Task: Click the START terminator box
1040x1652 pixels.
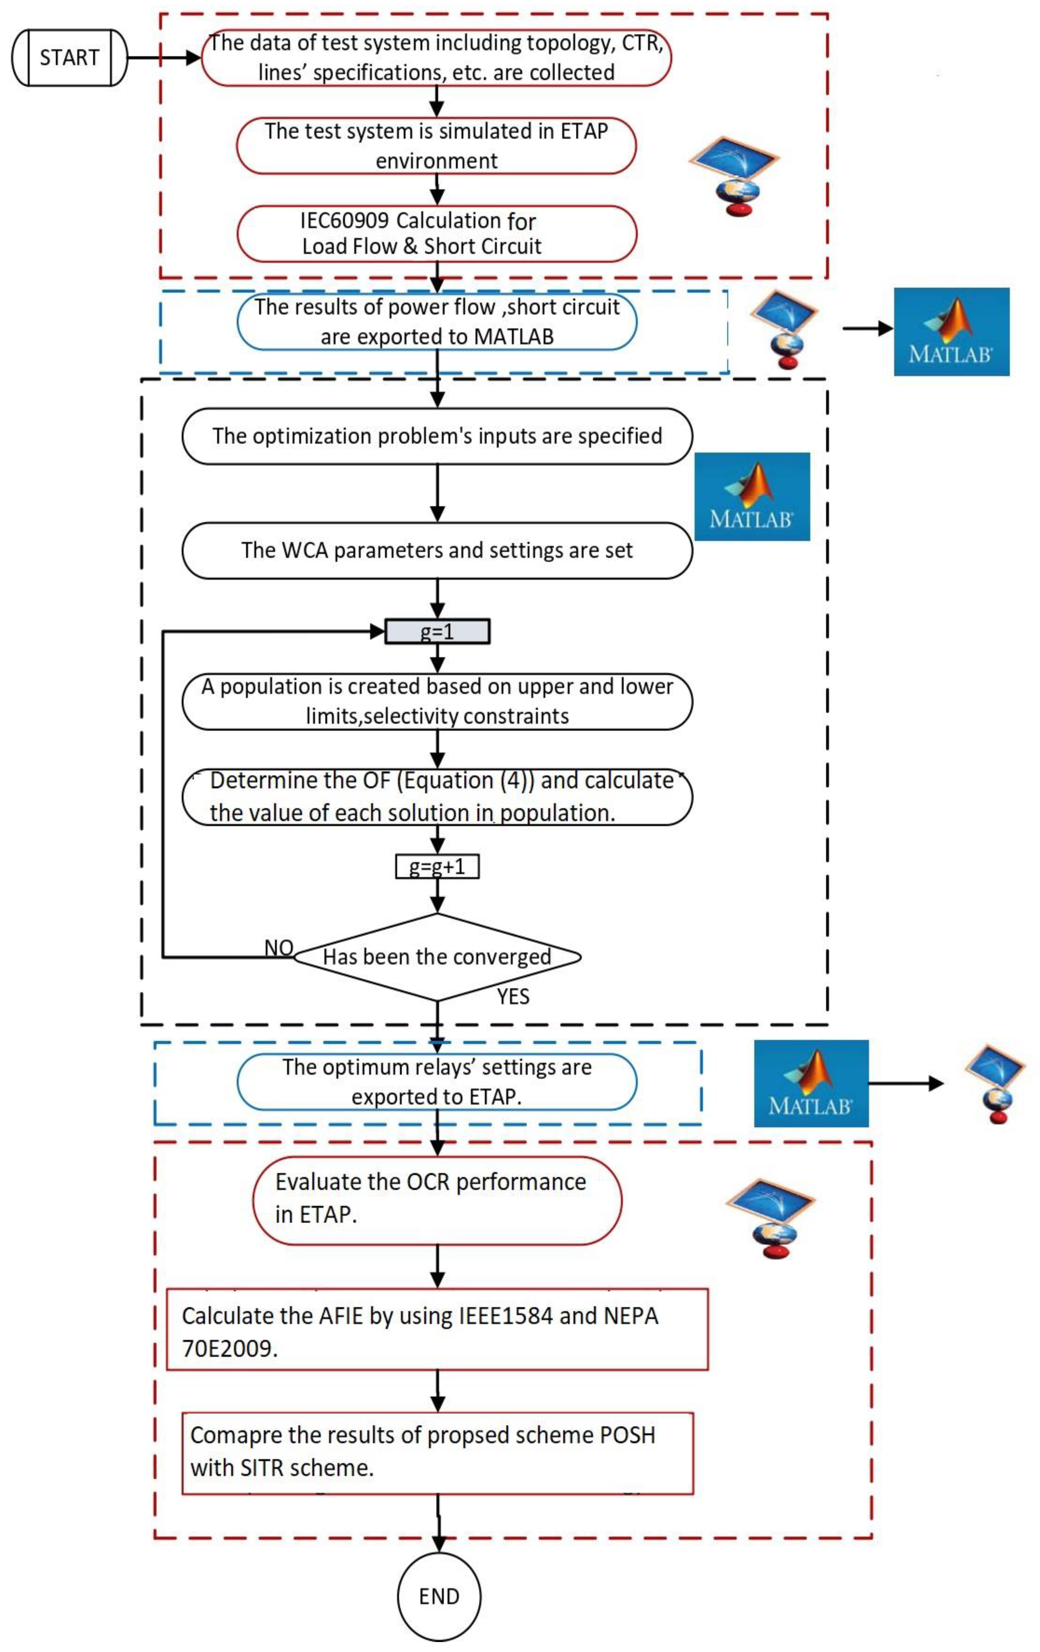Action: (x=69, y=57)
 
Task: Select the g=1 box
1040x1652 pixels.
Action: (x=437, y=631)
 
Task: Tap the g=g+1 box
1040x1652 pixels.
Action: (x=437, y=867)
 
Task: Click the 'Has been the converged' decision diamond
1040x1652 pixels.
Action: (x=437, y=956)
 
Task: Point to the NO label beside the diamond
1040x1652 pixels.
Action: (x=279, y=948)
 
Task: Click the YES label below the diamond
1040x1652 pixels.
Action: (x=513, y=996)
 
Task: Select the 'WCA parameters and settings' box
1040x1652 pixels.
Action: (x=437, y=550)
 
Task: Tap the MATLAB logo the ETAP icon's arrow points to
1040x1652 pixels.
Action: (x=951, y=331)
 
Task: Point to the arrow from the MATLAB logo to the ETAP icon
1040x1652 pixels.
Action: (x=906, y=1083)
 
